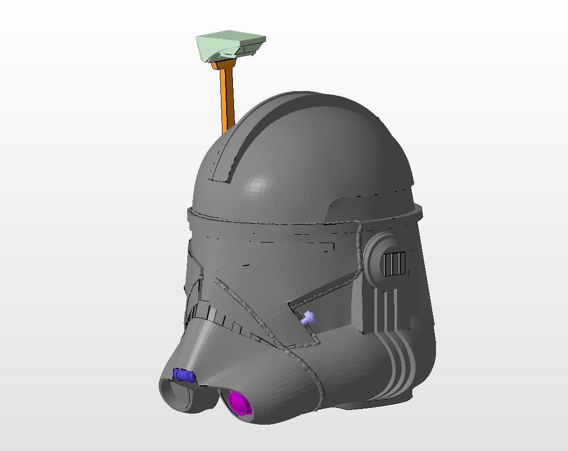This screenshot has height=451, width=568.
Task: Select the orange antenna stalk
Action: (x=227, y=100)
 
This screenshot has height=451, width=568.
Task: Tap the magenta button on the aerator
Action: (x=239, y=403)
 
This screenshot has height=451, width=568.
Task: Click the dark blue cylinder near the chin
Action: (x=184, y=375)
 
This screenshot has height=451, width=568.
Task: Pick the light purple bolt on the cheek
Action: (x=308, y=318)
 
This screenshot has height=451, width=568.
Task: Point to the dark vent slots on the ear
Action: (x=394, y=264)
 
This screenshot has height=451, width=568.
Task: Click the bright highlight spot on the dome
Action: (x=258, y=185)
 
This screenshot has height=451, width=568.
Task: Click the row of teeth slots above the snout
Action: (x=216, y=316)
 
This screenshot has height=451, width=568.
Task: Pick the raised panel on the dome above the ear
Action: (x=368, y=208)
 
